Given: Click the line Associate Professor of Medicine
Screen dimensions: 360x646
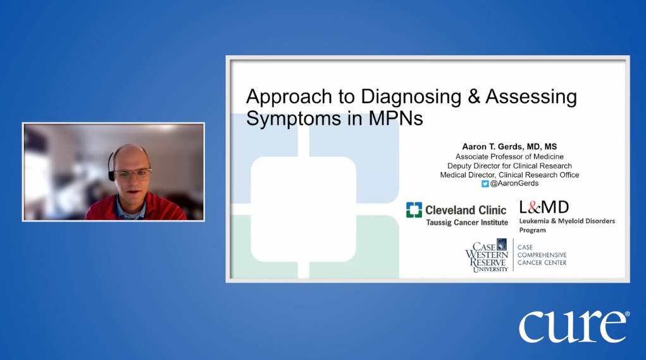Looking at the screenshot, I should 509,156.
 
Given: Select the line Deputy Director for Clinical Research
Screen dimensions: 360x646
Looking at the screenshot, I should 509,166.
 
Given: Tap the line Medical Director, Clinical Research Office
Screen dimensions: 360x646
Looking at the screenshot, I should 509,175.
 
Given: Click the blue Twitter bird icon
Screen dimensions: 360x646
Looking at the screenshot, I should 485,184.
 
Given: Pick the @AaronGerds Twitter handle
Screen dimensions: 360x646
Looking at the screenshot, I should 514,184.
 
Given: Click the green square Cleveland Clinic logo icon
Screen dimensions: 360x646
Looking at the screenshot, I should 414,210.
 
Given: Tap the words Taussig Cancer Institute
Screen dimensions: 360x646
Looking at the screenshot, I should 466,223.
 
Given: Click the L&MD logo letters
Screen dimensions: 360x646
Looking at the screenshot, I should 544,207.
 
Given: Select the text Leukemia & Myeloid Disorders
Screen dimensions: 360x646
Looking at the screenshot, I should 566,221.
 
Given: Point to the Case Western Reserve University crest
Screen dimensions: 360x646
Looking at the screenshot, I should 502,244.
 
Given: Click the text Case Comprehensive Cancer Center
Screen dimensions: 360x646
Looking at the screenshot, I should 542,255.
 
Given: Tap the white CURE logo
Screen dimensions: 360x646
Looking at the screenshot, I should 573,326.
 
